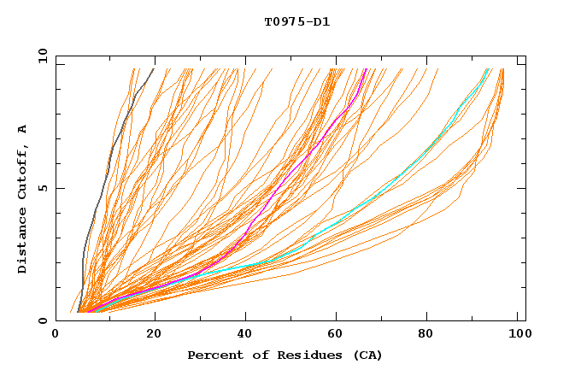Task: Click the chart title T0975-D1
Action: (x=296, y=21)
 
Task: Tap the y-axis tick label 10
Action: (x=42, y=56)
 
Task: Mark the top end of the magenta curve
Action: (x=367, y=69)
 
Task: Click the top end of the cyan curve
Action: (x=488, y=69)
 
